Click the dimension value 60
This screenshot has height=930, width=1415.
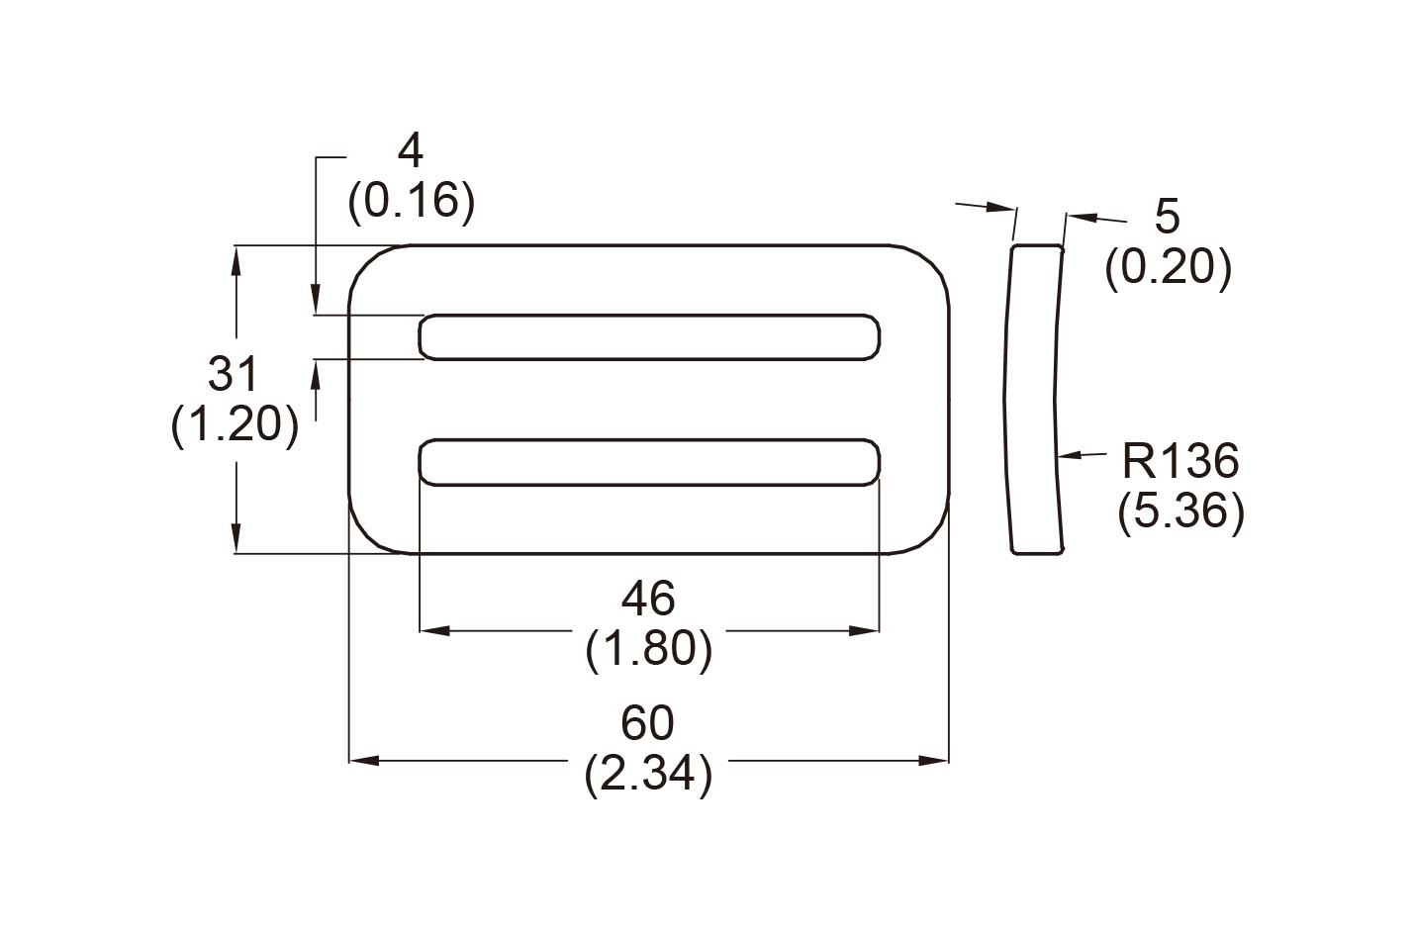coord(647,723)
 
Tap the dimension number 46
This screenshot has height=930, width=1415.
coord(648,599)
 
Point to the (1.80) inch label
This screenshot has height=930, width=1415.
coord(648,650)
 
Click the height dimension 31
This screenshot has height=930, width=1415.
coord(234,375)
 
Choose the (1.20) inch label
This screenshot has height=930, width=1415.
coord(235,426)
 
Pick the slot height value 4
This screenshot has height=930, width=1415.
coord(410,150)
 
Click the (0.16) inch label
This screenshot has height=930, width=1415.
coord(411,202)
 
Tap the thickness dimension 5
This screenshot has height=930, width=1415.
coord(1168,216)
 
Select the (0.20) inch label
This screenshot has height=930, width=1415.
coord(1168,267)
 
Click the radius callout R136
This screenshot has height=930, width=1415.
coord(1180,461)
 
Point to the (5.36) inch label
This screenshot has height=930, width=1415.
coord(1180,512)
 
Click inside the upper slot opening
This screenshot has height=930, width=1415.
coord(649,336)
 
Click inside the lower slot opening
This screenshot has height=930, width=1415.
coord(649,462)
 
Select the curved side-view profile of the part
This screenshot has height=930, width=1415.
coord(1035,400)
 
